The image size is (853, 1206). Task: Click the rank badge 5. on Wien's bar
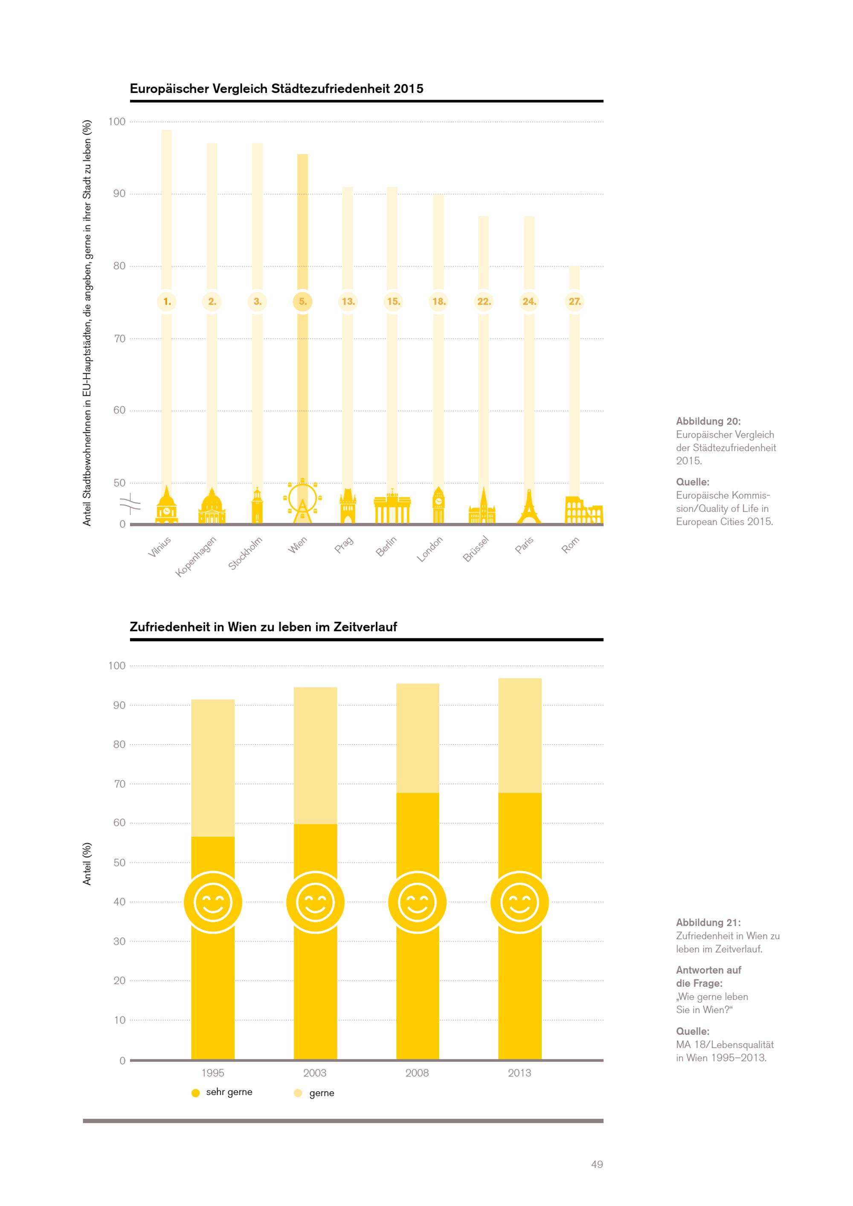(302, 301)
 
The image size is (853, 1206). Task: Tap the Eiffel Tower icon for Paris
(529, 507)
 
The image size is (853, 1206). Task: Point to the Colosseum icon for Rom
(583, 510)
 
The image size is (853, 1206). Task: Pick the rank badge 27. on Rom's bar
(574, 301)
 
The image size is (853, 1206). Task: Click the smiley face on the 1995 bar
(213, 902)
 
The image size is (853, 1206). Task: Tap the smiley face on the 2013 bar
(519, 902)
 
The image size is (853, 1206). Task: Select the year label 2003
(315, 1073)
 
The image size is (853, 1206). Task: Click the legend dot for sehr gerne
(195, 1093)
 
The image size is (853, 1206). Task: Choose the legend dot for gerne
(298, 1093)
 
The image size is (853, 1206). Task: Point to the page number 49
(597, 1165)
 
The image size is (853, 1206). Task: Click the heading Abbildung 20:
(708, 421)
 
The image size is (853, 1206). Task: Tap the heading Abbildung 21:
(708, 922)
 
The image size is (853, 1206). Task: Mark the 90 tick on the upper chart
(119, 194)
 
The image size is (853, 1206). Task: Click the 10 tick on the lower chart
(119, 1020)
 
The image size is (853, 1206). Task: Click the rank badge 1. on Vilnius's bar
(167, 301)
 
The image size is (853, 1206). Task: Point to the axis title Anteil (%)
(87, 864)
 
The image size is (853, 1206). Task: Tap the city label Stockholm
(245, 554)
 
